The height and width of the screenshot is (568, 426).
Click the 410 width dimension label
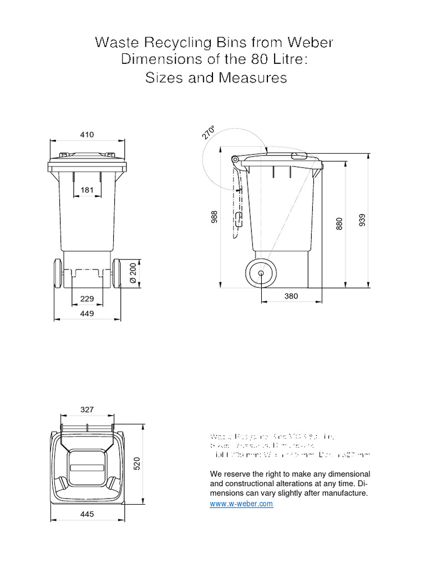coord(87,134)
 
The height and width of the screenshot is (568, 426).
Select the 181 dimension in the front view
coord(87,190)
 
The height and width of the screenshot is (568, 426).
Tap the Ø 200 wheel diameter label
coord(133,273)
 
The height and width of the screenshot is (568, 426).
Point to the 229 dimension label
coord(87,298)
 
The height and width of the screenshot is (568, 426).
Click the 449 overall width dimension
coord(87,313)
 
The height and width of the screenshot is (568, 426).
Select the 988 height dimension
coord(214,217)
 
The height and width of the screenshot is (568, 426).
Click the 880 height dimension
coord(339,223)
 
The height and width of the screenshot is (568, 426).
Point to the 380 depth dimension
coord(291,296)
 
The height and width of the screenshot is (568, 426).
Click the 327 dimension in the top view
coord(87,410)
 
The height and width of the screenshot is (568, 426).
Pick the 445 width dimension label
coord(87,514)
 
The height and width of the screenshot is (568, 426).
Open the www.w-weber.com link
coord(241,504)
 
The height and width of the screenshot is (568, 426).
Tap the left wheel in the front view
coord(57,273)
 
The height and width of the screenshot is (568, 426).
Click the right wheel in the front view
coord(118,273)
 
